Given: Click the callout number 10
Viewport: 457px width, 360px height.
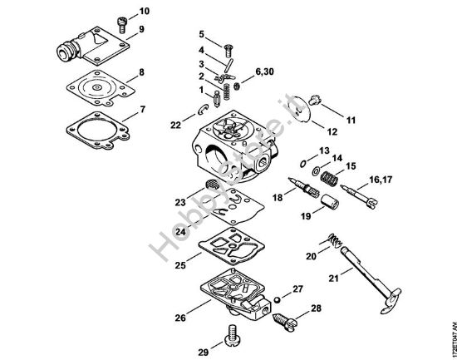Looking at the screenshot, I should point(145,12).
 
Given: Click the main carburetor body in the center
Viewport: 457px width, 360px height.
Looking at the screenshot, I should point(235,145).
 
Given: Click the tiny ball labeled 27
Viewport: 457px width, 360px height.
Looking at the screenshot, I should point(275,297).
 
